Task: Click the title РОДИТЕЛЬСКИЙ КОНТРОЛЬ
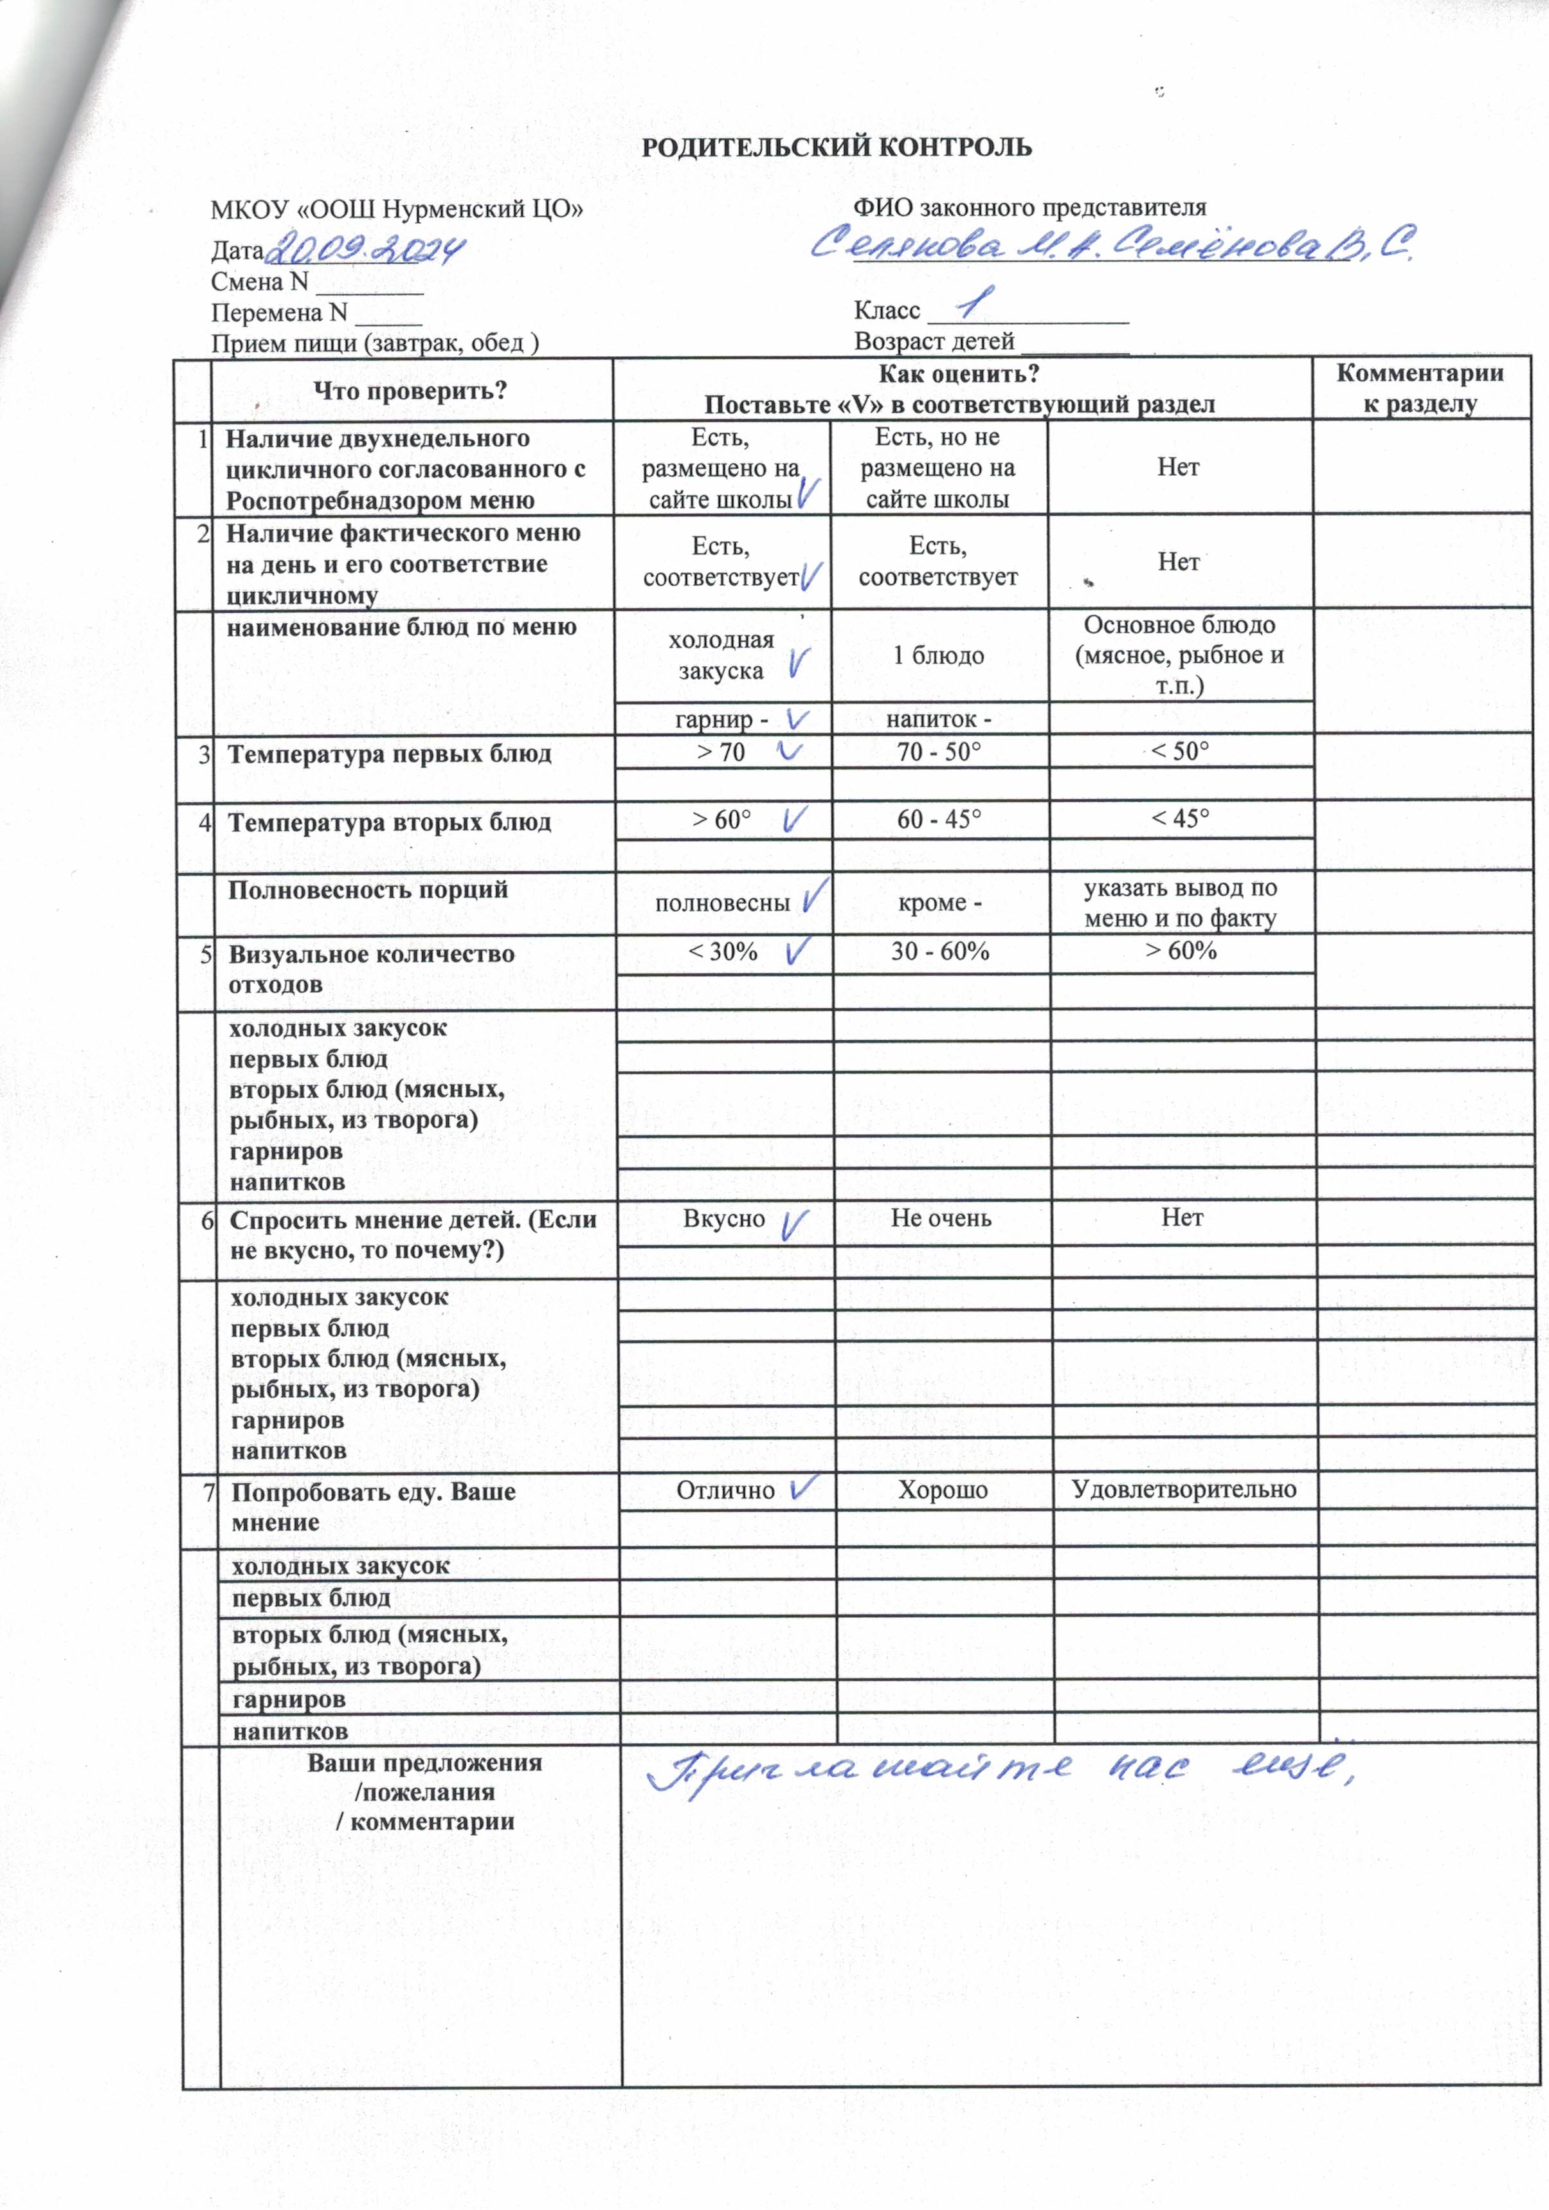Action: (836, 147)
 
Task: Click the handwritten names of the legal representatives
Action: (1112, 246)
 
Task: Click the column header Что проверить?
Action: (410, 391)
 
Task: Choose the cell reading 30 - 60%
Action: (939, 951)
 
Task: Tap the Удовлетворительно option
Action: (1184, 1489)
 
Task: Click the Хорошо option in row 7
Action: (943, 1490)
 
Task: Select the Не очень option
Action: (941, 1218)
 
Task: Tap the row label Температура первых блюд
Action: (389, 754)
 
